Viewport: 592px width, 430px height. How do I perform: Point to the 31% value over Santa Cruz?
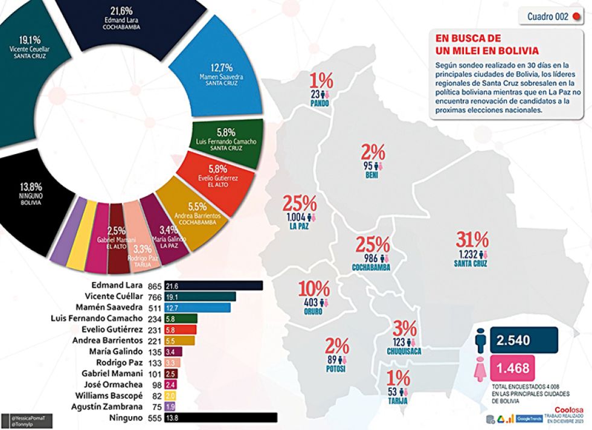coord(472,240)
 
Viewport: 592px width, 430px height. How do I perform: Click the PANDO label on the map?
coord(320,104)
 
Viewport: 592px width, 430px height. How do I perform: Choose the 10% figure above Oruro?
coord(314,289)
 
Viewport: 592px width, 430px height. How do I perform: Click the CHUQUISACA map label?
coord(404,351)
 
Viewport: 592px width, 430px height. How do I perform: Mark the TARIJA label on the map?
coord(398,401)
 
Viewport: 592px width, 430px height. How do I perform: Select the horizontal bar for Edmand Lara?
coord(219,285)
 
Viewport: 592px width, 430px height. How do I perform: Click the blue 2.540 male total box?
coord(524,340)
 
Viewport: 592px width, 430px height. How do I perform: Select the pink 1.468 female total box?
coord(524,368)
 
